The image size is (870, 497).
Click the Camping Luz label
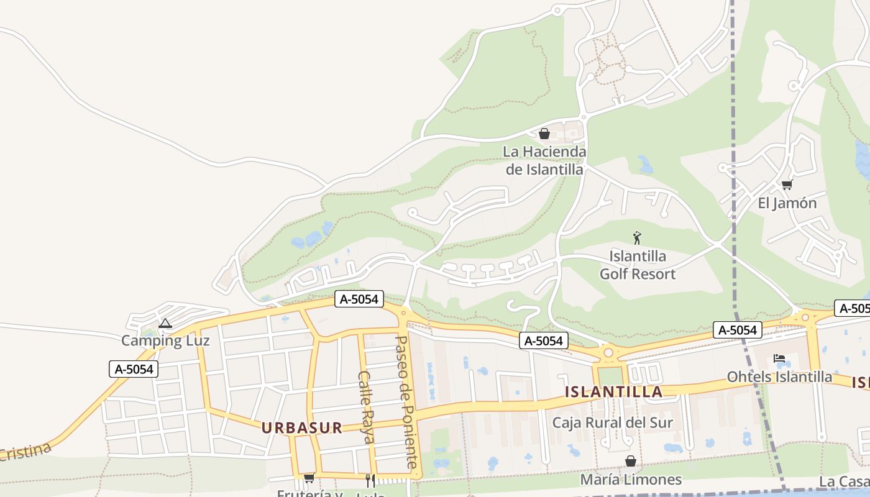[165, 340]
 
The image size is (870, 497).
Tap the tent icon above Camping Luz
[165, 323]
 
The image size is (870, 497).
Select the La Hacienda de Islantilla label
[544, 160]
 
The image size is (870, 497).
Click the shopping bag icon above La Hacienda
[544, 134]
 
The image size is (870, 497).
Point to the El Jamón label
[787, 203]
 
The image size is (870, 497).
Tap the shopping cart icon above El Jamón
[787, 185]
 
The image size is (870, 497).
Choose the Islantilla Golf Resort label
[638, 265]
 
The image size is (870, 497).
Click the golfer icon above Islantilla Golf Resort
[637, 238]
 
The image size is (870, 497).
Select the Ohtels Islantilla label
[779, 376]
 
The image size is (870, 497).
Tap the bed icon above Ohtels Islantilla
[779, 358]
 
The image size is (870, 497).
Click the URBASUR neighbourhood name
[302, 427]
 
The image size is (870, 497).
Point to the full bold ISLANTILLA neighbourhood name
[614, 392]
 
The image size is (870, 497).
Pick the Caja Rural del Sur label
[613, 423]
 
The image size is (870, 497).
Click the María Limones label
[631, 480]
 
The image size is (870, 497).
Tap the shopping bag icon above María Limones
[631, 461]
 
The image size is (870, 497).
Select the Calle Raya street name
[367, 407]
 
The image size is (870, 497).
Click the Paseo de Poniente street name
[408, 402]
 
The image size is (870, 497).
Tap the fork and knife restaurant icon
[370, 480]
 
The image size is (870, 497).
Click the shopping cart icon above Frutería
[309, 478]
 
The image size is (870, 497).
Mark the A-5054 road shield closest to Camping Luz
[134, 369]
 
